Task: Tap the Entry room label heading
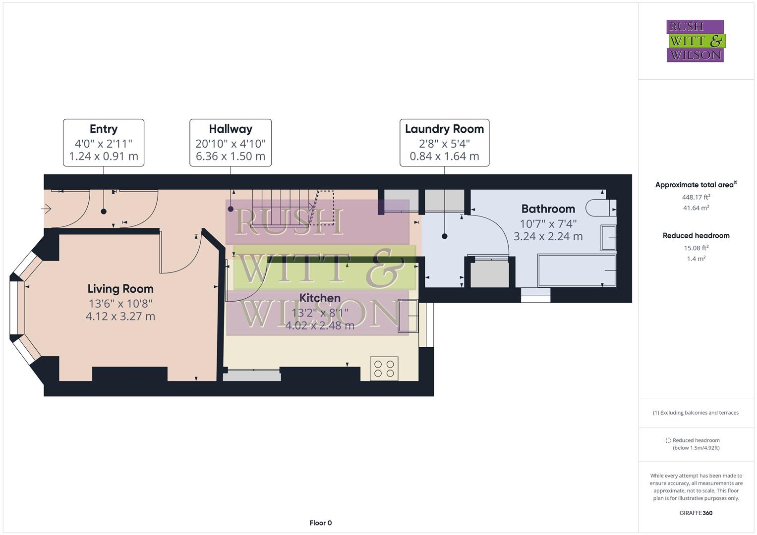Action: (104, 129)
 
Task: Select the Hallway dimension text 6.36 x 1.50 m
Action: (231, 157)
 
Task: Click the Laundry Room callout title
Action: (444, 129)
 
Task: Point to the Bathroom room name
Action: (548, 209)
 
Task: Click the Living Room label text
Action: (120, 289)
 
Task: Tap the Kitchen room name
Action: (320, 298)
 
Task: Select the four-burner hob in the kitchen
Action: (384, 369)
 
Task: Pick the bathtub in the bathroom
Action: (577, 270)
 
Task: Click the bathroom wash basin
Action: (608, 237)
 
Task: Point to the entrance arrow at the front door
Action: (46, 209)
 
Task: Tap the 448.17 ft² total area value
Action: (696, 197)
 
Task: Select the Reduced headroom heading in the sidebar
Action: (696, 235)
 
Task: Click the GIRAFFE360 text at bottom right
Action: (696, 513)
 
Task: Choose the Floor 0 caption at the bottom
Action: (320, 523)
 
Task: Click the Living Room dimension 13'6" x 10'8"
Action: (120, 303)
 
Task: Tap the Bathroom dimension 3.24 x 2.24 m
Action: (548, 236)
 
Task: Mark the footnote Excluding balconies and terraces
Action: (696, 413)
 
